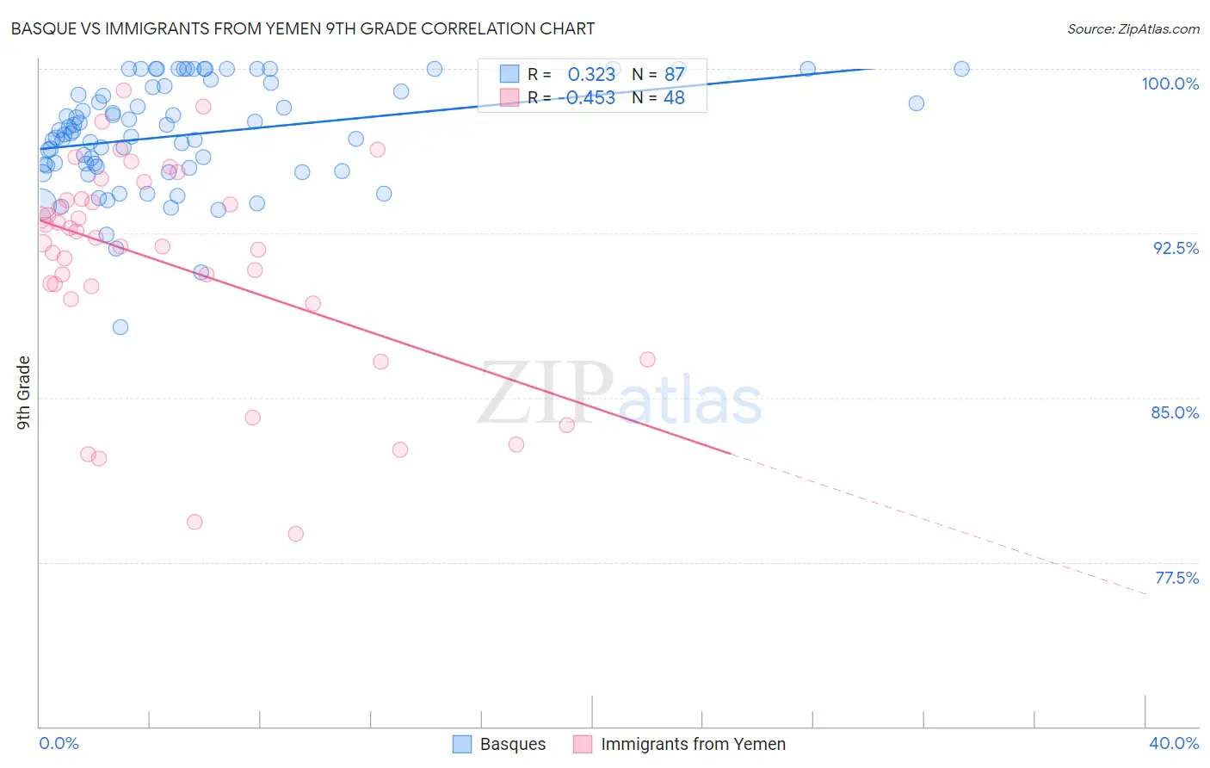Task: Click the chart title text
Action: coord(302,28)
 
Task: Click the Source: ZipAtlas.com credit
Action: coord(1133,28)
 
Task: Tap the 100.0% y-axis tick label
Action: coord(1170,84)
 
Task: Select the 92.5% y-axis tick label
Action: coord(1176,248)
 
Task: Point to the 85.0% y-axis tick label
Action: coord(1175,412)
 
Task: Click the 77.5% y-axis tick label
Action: coord(1176,578)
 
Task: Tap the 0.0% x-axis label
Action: coord(59,743)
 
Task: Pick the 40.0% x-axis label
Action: coord(1174,743)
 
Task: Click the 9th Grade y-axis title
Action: coord(23,392)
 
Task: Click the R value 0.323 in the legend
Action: coord(591,74)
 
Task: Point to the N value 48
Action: coord(674,97)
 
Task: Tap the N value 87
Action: coord(674,74)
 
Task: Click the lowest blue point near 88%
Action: coord(120,327)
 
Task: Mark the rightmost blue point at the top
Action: coord(961,69)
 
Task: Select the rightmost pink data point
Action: coord(647,359)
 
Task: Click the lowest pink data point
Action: coord(295,534)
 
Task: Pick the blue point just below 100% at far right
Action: coord(917,103)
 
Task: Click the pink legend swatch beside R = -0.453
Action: coord(509,97)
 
